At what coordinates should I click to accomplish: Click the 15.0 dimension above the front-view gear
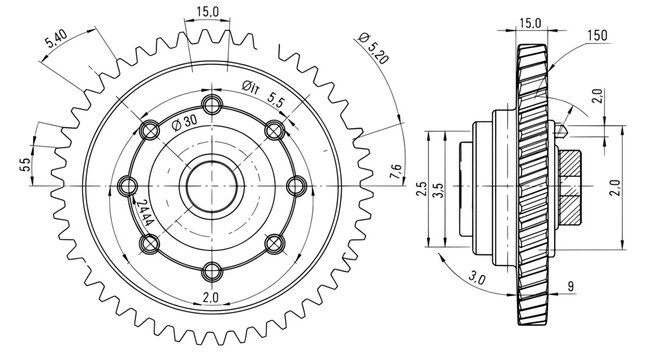(208, 13)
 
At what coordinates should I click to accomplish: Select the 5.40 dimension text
(57, 42)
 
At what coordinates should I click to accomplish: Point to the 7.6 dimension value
(397, 172)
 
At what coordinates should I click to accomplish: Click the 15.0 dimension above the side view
(530, 21)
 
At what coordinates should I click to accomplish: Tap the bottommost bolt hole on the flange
(211, 270)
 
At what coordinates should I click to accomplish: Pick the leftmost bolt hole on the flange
(128, 186)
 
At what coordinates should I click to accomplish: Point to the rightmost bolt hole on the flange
(294, 186)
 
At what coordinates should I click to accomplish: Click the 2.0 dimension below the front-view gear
(211, 298)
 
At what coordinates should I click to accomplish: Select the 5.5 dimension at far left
(25, 163)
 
